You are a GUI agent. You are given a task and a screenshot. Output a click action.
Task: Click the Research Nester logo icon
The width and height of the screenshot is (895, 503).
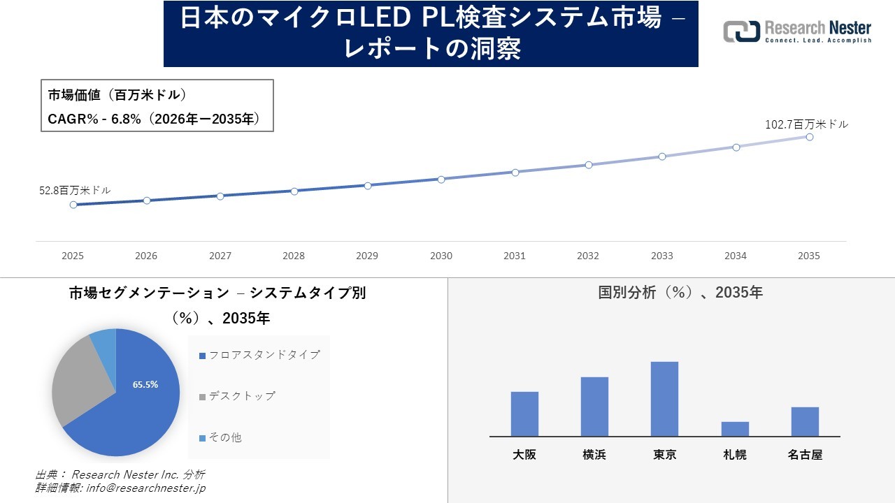coord(741,31)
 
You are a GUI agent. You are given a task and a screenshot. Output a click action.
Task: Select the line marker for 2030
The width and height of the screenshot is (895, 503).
coord(441,180)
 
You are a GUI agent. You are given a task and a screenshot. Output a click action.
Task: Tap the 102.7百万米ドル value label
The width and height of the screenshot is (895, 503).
coord(806,124)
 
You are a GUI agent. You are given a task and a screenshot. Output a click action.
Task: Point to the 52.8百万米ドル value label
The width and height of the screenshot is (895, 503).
coord(75,190)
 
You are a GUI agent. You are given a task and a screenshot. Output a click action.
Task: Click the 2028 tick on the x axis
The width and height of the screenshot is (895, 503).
coord(294,256)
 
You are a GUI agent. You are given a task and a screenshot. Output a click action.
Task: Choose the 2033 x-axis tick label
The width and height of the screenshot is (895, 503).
coord(661,256)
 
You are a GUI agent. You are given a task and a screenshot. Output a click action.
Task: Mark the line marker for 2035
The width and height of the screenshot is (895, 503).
coord(809,137)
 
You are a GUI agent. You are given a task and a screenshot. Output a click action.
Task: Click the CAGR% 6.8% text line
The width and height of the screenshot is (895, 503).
coord(154,119)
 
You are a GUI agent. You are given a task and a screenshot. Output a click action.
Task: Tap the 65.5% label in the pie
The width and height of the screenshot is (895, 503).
coord(145,384)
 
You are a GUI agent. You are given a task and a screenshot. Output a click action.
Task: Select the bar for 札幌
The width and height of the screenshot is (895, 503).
coord(735,429)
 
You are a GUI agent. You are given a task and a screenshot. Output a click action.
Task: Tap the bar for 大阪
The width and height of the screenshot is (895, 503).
coord(524,414)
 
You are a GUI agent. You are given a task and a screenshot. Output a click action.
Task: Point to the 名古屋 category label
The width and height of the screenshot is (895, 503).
coord(805,455)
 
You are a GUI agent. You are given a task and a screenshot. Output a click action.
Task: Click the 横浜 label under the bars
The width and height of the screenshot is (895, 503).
coord(594,455)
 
